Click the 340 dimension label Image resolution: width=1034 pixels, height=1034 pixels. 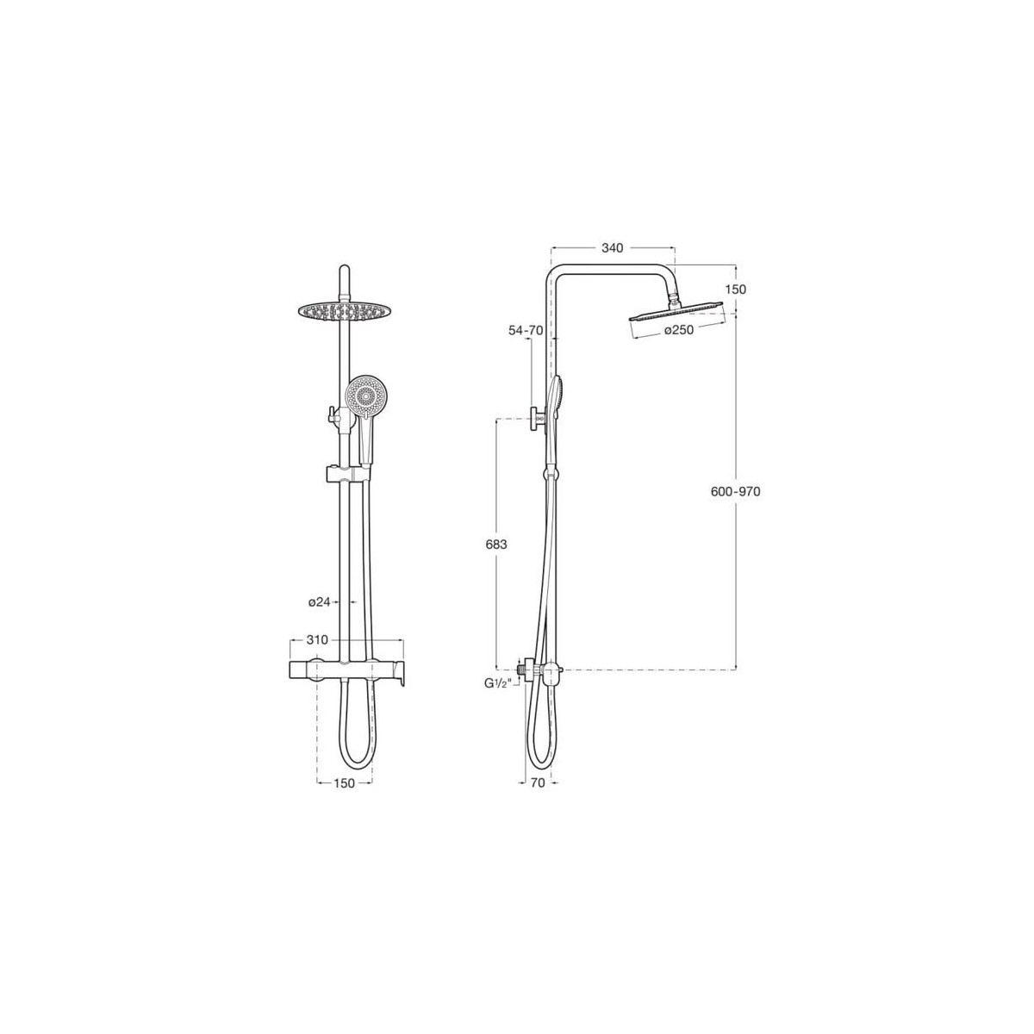(x=612, y=248)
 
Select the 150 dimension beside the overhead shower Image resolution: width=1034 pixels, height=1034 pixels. (x=735, y=290)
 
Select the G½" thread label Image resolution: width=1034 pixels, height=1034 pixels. (x=497, y=682)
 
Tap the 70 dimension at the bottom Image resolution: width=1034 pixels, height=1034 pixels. (x=537, y=783)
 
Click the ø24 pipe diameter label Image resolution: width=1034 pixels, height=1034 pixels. (x=320, y=602)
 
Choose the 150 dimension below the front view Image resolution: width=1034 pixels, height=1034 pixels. (x=345, y=783)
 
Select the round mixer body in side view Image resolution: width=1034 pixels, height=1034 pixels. (x=543, y=670)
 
